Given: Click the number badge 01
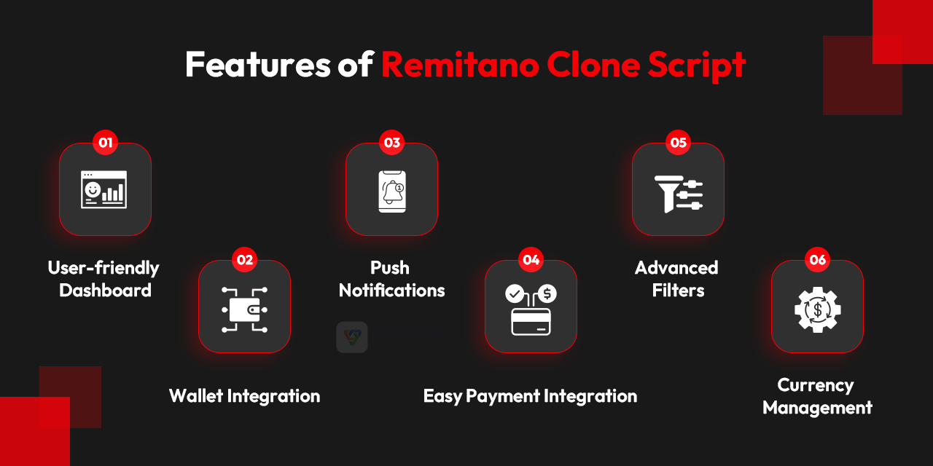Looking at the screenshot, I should tap(106, 142).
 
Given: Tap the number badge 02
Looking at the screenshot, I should tap(245, 259).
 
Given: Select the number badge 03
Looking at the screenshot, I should tap(392, 142).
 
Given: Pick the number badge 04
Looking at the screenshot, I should tap(531, 259).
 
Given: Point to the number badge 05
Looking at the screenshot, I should tap(679, 142).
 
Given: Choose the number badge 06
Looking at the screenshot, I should tap(818, 259).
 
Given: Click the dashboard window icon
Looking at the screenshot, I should tap(104, 189).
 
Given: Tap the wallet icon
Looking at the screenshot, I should tap(244, 307).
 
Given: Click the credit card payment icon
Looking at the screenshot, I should tap(531, 309).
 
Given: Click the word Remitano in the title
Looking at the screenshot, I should tap(460, 65).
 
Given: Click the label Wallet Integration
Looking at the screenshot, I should tap(244, 396).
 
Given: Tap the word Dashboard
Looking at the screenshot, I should tap(105, 291).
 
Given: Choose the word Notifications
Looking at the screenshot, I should tap(392, 291).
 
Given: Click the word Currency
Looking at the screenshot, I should tap(816, 384).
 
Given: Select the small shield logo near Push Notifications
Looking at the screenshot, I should tap(352, 337).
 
